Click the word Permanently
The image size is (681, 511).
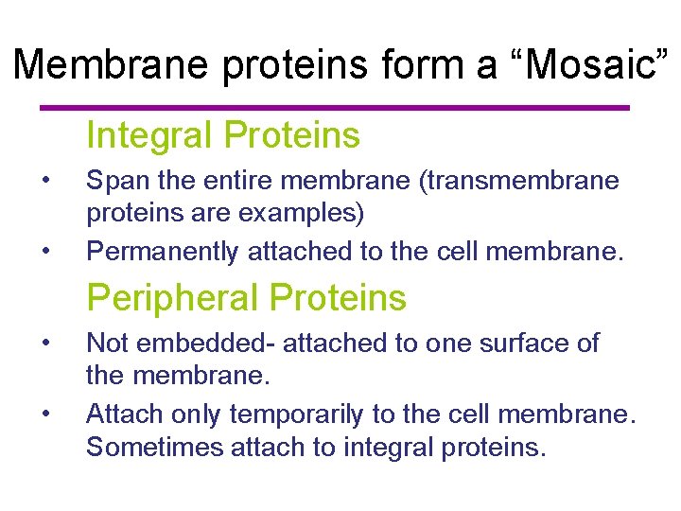point(163,251)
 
